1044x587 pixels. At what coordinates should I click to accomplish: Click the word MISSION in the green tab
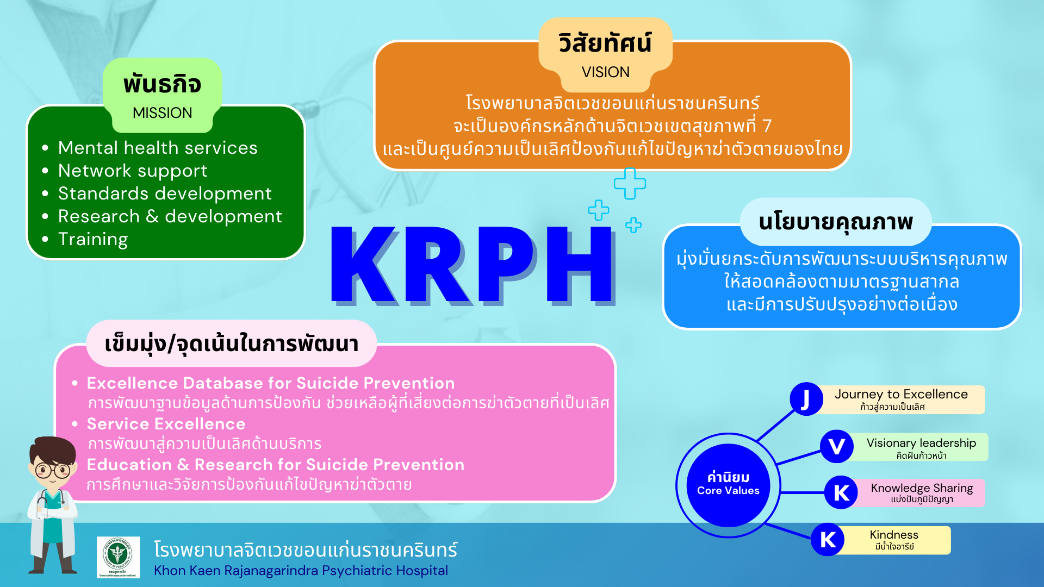162,113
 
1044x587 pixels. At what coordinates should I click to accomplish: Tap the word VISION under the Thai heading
605,72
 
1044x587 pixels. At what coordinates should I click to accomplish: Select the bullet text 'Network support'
133,171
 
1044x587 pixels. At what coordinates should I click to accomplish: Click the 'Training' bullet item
93,239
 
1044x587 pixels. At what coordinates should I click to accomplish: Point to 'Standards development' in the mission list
165,193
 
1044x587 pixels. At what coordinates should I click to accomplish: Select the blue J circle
806,399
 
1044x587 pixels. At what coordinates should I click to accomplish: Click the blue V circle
836,447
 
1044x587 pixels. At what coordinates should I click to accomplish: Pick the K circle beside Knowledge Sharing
841,493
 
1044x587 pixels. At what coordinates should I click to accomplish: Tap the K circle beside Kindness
828,540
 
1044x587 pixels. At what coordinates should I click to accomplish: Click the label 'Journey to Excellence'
901,394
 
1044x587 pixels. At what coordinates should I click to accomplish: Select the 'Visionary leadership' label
921,443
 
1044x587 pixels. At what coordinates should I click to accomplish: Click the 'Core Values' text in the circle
728,490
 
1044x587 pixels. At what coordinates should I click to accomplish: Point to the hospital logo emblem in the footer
118,557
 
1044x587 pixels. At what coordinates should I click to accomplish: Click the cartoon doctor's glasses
53,470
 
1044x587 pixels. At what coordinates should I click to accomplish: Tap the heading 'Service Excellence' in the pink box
166,424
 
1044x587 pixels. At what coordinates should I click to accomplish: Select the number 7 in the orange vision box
767,126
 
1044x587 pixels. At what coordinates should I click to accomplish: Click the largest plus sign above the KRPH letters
630,184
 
